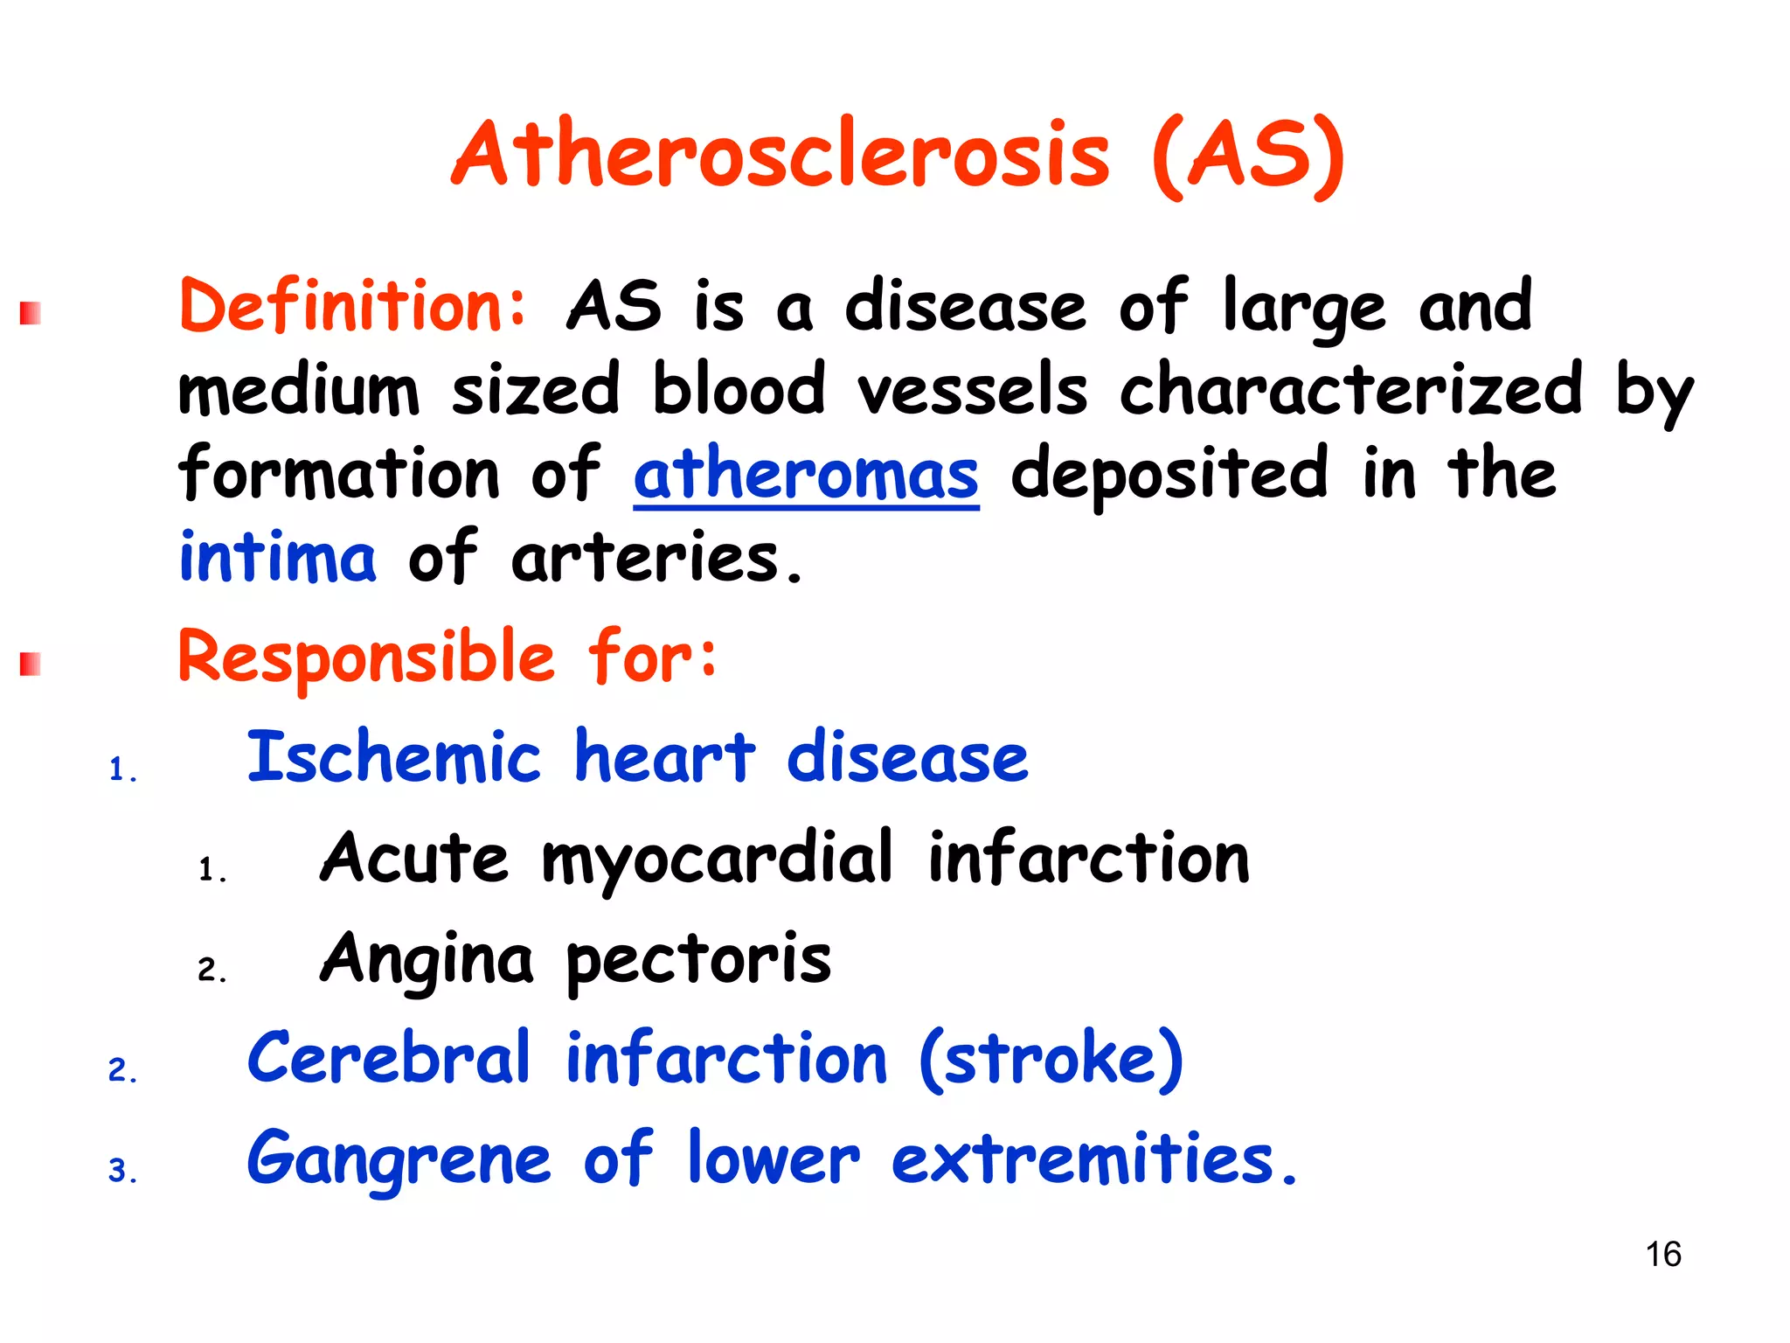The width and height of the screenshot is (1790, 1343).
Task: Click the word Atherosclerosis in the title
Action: [781, 156]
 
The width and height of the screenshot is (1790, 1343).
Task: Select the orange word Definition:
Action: [353, 306]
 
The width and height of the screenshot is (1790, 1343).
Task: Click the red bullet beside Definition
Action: [31, 313]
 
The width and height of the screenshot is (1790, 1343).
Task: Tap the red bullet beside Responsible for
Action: [31, 665]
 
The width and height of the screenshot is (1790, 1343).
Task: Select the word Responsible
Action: [366, 658]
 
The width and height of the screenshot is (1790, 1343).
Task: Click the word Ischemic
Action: [394, 757]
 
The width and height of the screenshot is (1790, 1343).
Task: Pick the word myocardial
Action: [718, 859]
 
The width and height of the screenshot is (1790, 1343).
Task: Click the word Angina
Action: [427, 959]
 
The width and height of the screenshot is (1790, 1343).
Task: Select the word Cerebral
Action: [389, 1059]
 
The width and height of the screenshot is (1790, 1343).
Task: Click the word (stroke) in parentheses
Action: [1051, 1059]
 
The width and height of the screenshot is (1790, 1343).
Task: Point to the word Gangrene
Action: [399, 1159]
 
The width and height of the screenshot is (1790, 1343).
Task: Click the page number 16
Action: [1662, 1254]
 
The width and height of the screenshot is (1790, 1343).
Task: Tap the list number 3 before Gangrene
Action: [121, 1171]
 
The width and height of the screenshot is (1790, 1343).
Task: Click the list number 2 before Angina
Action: [211, 970]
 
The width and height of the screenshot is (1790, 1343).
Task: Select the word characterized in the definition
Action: [1350, 390]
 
